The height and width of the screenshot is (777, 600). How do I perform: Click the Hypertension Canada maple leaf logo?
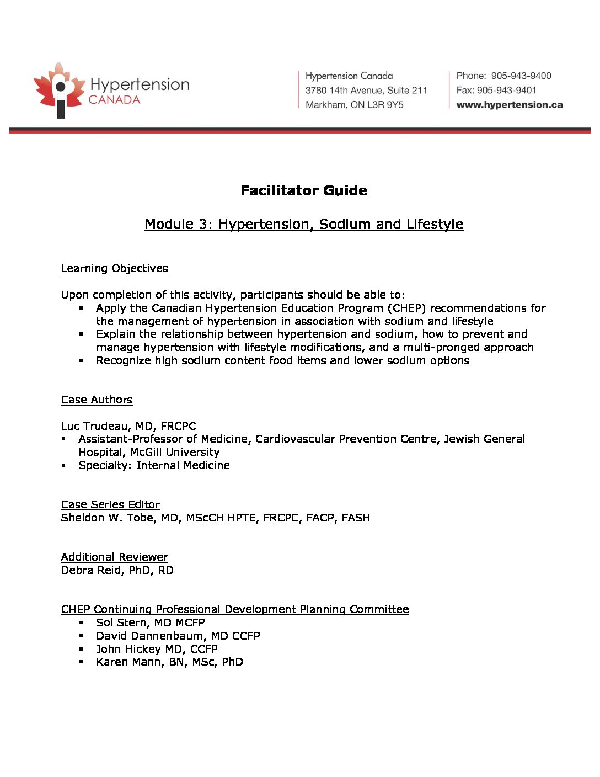(60, 90)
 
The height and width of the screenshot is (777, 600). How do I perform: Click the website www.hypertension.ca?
(509, 105)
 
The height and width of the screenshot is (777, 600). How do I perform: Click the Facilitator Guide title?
(304, 190)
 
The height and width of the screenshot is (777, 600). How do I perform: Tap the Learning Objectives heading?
(114, 269)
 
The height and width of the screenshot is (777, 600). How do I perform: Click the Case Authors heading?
(97, 400)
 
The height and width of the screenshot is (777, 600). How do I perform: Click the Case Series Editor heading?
(110, 504)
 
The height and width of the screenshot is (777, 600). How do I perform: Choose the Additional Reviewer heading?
(114, 557)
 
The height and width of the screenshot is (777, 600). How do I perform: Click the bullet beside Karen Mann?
(81, 662)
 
